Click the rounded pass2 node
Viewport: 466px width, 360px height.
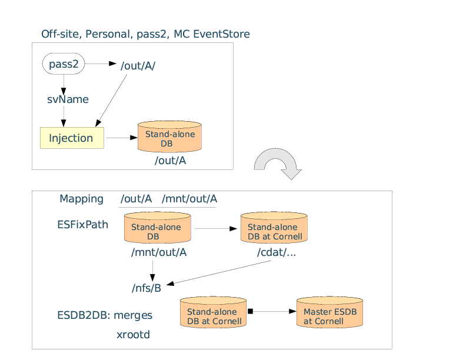click(x=64, y=64)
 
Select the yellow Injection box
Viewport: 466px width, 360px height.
click(x=72, y=138)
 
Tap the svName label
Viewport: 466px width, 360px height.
click(x=68, y=99)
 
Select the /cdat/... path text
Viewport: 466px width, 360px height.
click(x=276, y=253)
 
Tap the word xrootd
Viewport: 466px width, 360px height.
click(x=134, y=335)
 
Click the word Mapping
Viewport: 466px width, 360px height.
click(x=81, y=199)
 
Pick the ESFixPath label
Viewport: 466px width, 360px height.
click(x=82, y=225)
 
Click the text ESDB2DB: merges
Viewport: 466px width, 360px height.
click(x=104, y=315)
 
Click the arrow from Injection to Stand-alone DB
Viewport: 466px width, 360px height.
click(x=121, y=138)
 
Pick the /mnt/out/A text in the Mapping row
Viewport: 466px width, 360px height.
click(x=189, y=199)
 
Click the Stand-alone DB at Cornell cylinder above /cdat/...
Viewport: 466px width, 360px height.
click(x=274, y=228)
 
